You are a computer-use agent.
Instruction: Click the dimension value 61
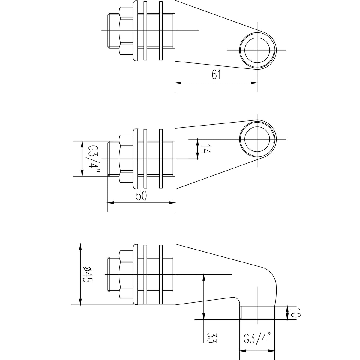click(216, 74)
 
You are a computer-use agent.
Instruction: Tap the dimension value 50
click(141, 196)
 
